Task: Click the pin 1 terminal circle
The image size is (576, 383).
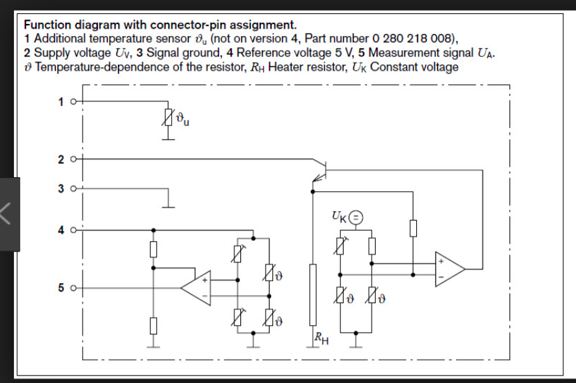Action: click(x=73, y=102)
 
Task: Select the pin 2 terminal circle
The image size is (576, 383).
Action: click(x=73, y=159)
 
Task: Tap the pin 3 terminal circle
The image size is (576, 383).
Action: click(x=73, y=189)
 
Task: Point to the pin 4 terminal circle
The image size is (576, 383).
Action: click(x=73, y=230)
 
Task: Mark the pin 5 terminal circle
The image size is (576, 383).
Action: click(x=73, y=288)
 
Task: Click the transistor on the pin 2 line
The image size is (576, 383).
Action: click(x=320, y=169)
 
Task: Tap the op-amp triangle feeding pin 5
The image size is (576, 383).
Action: click(x=196, y=288)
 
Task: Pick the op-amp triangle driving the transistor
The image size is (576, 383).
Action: click(x=450, y=269)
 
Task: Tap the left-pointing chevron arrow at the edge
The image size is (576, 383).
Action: click(x=8, y=214)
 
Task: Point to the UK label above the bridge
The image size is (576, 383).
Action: click(x=339, y=217)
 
